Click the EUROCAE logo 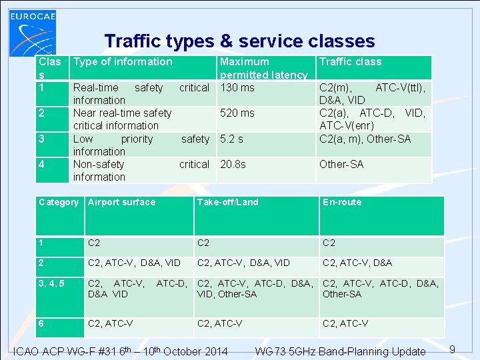[33, 29]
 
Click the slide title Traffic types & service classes [239, 41]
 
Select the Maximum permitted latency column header [263, 68]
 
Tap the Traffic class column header [350, 62]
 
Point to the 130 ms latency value [237, 87]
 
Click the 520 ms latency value [237, 113]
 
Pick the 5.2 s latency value [232, 139]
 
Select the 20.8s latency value [233, 164]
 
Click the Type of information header [123, 62]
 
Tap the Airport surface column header [121, 202]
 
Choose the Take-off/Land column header [227, 202]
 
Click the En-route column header [341, 202]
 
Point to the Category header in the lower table [59, 202]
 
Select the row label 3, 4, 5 [52, 283]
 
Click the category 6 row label [42, 323]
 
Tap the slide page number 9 [452, 349]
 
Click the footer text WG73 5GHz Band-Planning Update [340, 351]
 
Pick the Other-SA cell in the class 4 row [341, 164]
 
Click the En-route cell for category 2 [357, 263]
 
